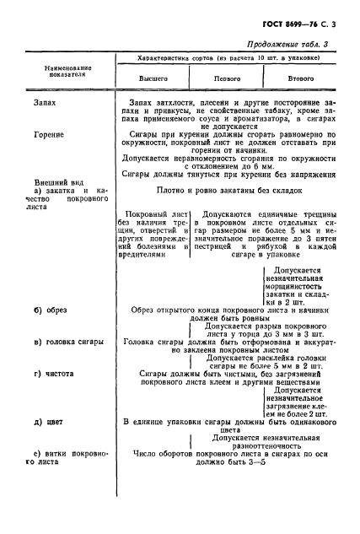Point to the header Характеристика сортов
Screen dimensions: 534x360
[x=228, y=61]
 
